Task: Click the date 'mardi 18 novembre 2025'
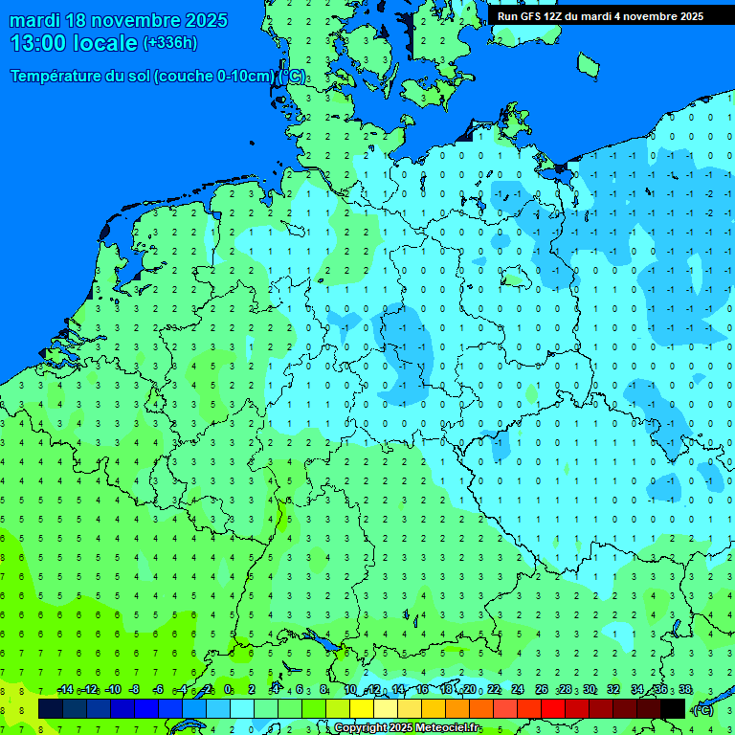[x=119, y=20]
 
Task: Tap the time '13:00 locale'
[x=75, y=43]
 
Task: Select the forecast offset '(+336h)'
[x=170, y=43]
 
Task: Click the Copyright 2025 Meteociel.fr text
[x=408, y=728]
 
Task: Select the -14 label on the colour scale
[x=64, y=690]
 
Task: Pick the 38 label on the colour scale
[x=684, y=690]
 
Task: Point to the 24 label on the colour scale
[x=518, y=690]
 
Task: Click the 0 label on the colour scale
[x=228, y=690]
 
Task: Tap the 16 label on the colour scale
[x=422, y=690]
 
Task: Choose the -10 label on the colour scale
[x=112, y=690]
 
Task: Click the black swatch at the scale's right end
[x=673, y=708]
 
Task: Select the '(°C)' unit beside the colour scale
[x=702, y=709]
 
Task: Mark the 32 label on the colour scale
[x=613, y=690]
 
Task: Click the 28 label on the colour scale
[x=566, y=690]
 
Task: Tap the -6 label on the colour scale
[x=159, y=690]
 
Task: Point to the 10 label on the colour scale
[x=350, y=690]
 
